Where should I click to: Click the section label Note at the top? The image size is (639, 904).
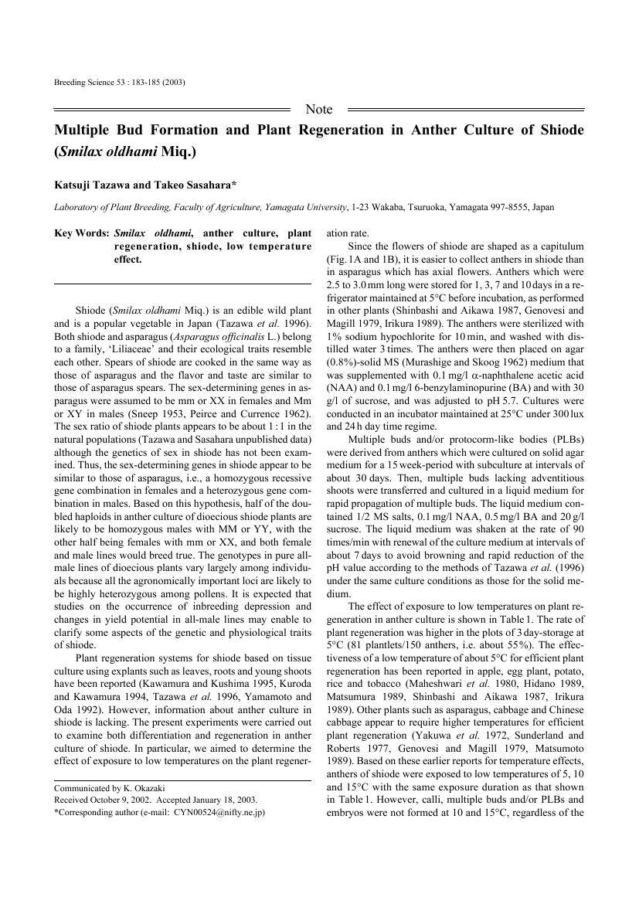tap(319, 110)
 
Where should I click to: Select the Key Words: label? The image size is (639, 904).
tap(82, 233)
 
